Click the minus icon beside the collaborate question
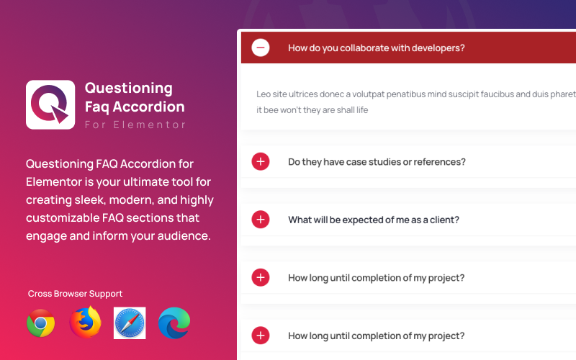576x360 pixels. point(261,48)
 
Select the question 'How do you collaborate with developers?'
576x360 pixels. point(376,48)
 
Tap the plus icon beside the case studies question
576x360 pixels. point(261,162)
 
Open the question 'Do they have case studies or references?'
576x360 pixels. point(377,162)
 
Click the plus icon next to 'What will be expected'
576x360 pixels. point(261,220)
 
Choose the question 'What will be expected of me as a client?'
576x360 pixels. point(374,220)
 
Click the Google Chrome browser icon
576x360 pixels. point(41,323)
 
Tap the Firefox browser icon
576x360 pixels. point(85,323)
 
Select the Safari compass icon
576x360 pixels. point(130,323)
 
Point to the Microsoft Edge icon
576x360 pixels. point(174,323)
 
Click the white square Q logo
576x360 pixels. point(50,104)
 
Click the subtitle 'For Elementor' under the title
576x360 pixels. point(135,125)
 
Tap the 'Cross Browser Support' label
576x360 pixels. point(75,294)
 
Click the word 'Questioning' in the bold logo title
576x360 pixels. point(129,89)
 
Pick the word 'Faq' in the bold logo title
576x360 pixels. point(99,107)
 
